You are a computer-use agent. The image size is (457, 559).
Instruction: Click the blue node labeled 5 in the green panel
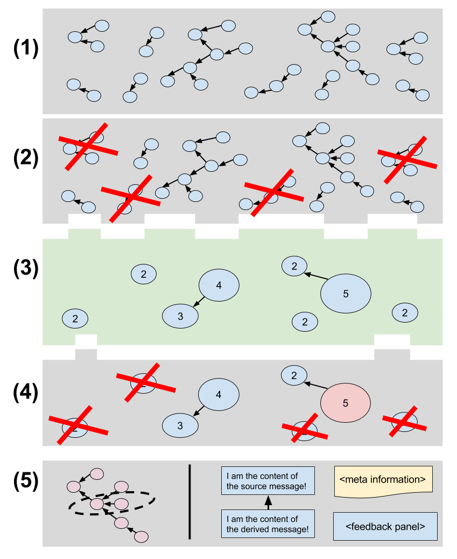pyautogui.click(x=346, y=294)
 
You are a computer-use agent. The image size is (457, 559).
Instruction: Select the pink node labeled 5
pyautogui.click(x=346, y=402)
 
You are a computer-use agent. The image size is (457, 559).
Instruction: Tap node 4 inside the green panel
pyautogui.click(x=219, y=285)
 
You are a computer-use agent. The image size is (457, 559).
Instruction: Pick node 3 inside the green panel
pyautogui.click(x=180, y=317)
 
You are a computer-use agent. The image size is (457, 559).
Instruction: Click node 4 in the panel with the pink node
pyautogui.click(x=219, y=395)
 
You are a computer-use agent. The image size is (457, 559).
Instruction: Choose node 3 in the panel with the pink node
pyautogui.click(x=180, y=425)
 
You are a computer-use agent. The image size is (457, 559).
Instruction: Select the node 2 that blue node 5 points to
pyautogui.click(x=294, y=266)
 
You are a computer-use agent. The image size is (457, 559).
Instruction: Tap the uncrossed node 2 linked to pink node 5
pyautogui.click(x=294, y=375)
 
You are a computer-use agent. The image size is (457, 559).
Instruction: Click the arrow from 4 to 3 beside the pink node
pyautogui.click(x=199, y=411)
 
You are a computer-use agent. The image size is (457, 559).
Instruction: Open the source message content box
pyautogui.click(x=268, y=481)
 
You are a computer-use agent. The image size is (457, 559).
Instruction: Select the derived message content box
pyautogui.click(x=268, y=524)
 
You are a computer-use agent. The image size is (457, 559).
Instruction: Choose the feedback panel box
pyautogui.click(x=385, y=526)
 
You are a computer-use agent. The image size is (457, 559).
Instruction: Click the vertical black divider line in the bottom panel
pyautogui.click(x=189, y=501)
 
